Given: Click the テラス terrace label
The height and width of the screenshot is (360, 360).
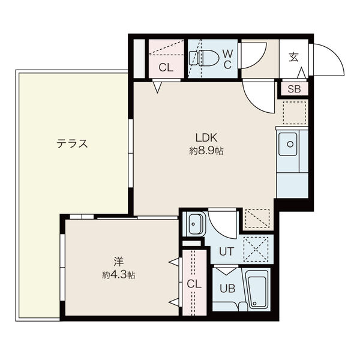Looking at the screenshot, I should click(x=73, y=144).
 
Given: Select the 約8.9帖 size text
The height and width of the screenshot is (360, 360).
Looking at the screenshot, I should click(x=206, y=151).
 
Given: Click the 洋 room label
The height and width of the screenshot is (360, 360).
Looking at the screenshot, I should click(x=118, y=262).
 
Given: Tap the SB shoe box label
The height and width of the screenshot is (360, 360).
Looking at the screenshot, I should click(x=294, y=89).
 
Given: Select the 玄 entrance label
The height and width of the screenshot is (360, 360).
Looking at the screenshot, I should click(x=293, y=58).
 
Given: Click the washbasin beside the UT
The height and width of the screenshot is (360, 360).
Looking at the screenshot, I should click(x=194, y=225).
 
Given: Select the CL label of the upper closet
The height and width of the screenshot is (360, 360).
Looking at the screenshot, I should click(x=166, y=68).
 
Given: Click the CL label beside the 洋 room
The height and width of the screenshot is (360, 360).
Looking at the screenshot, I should click(x=193, y=283).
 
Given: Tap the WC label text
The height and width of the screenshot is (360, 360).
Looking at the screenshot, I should click(x=228, y=59).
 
